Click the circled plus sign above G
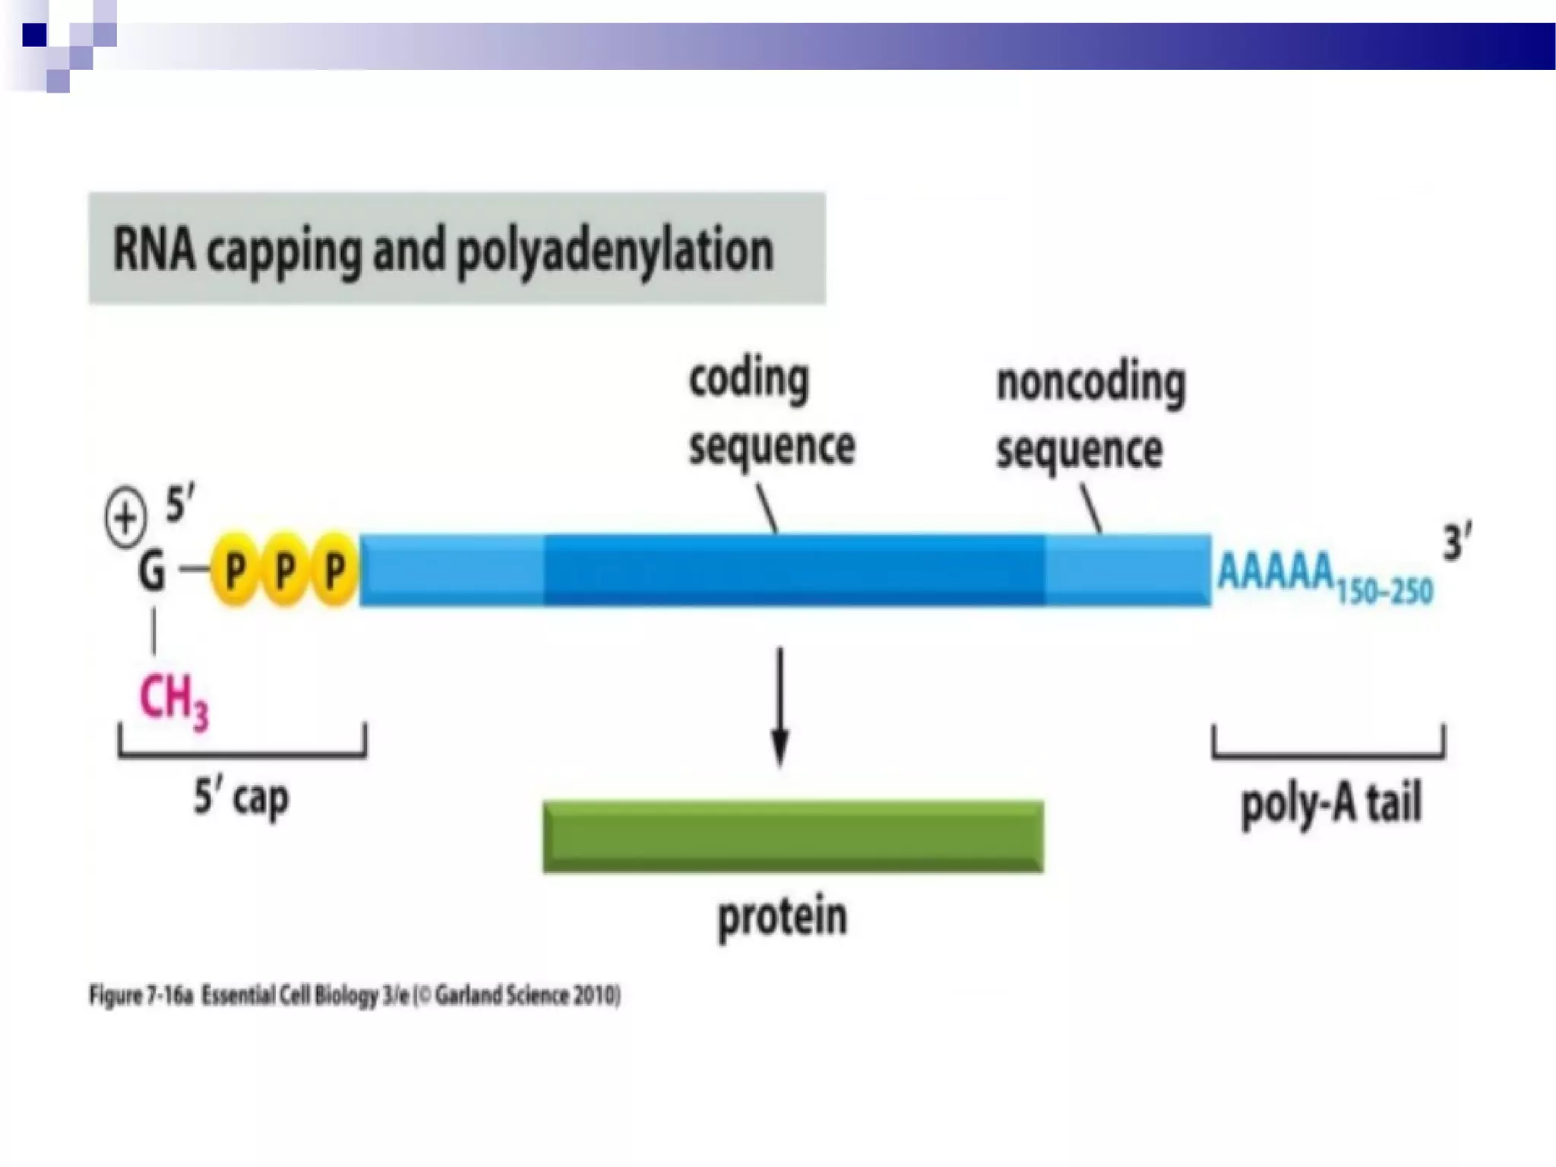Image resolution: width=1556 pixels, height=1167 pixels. [x=125, y=518]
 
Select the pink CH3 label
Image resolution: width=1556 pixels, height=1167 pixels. [x=172, y=700]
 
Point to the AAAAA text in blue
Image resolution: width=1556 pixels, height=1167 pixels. [x=1275, y=571]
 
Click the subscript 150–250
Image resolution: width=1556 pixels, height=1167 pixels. [x=1384, y=590]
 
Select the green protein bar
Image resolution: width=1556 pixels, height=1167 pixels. [x=792, y=836]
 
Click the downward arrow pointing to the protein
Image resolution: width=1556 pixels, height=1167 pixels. [x=780, y=707]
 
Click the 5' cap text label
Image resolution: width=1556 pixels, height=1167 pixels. [x=241, y=798]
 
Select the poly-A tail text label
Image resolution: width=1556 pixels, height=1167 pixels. [x=1330, y=804]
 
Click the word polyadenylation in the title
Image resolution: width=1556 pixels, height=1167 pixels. [x=614, y=251]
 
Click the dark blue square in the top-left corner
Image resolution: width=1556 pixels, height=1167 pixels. [x=34, y=34]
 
